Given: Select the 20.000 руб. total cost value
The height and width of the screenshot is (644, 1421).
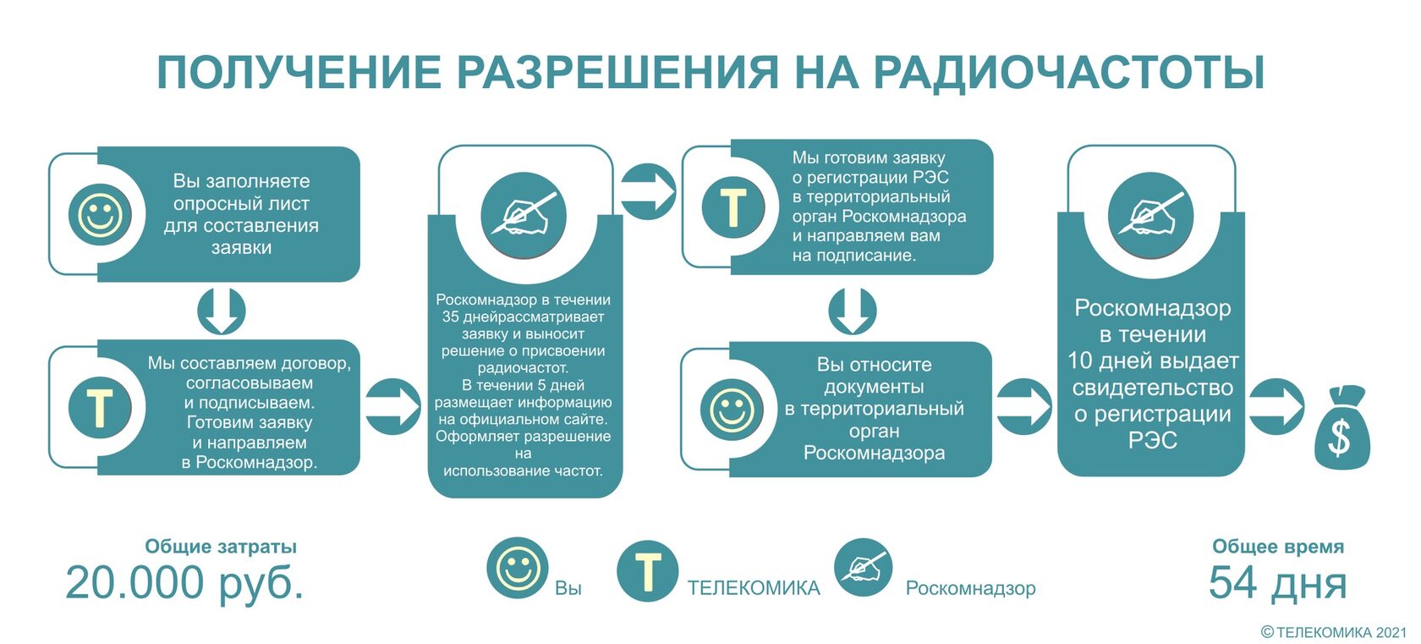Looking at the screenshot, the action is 184,583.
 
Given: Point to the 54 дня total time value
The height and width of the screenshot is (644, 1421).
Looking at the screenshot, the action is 1277,583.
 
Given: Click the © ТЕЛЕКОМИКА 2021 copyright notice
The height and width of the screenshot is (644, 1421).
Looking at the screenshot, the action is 1334,632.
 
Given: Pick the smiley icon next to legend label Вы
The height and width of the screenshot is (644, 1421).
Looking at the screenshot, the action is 518,568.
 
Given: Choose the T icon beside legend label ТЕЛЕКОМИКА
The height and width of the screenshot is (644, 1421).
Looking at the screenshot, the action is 647,571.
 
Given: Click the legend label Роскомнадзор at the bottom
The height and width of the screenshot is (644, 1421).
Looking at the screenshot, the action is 970,588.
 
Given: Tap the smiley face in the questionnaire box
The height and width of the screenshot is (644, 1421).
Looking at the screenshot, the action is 100,214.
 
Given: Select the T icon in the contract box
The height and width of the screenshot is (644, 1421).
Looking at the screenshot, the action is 100,407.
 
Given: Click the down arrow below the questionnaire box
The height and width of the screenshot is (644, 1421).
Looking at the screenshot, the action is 222,311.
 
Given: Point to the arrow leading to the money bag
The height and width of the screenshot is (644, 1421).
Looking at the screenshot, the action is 1276,407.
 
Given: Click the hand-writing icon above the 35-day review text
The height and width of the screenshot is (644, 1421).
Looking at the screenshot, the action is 524,215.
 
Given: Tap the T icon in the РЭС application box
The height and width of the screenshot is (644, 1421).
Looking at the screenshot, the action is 732,206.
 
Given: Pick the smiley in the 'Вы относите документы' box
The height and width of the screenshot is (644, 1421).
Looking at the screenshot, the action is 732,410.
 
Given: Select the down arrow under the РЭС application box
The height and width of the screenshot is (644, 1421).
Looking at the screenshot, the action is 853,311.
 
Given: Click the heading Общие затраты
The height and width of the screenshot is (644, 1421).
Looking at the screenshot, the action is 221,547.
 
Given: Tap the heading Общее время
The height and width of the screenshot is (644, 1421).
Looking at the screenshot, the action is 1277,547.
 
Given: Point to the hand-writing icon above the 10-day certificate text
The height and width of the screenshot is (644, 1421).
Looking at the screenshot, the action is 1150,215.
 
